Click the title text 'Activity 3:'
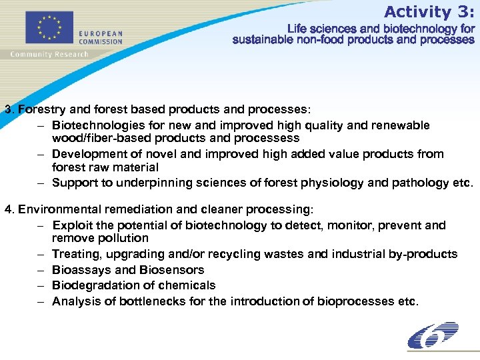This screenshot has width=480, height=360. [429, 11]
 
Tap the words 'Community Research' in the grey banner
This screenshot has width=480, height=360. [49, 54]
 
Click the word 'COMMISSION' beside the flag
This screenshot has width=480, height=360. [100, 41]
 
